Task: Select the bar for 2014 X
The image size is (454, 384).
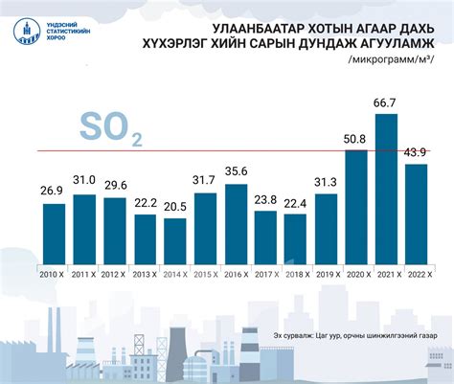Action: pyautogui.click(x=174, y=239)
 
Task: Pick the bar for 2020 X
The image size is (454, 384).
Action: pyautogui.click(x=356, y=205)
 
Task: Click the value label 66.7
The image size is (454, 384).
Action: pyautogui.click(x=386, y=102)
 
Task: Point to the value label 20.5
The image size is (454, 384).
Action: pyautogui.click(x=174, y=208)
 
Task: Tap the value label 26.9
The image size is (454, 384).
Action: pyautogui.click(x=54, y=192)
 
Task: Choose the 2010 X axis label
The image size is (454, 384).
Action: pyautogui.click(x=54, y=274)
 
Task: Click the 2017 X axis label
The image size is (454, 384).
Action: pyautogui.click(x=265, y=274)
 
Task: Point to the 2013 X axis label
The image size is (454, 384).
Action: pyautogui.click(x=145, y=274)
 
